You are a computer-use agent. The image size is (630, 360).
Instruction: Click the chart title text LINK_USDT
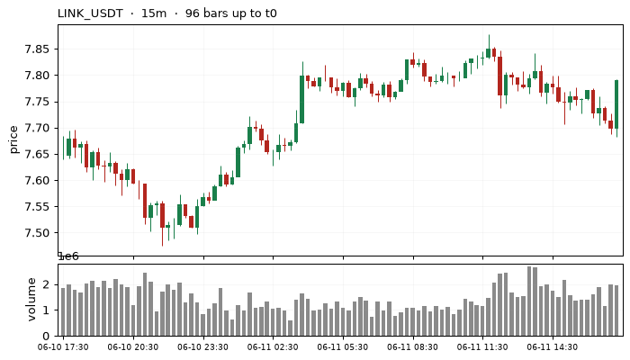click(x=90, y=13)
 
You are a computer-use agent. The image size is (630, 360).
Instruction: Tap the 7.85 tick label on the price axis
click(x=36, y=49)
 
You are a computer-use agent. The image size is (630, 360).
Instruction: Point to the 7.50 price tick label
click(x=36, y=233)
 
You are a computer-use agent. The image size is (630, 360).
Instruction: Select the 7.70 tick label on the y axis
click(x=36, y=128)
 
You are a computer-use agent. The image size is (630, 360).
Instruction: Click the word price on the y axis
click(x=14, y=139)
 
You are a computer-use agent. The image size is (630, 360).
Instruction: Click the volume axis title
click(x=31, y=300)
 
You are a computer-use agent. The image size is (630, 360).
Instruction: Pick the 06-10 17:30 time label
click(x=63, y=347)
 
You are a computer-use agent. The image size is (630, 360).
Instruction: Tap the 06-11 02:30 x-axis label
click(x=273, y=347)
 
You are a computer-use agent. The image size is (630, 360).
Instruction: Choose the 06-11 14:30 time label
click(x=553, y=347)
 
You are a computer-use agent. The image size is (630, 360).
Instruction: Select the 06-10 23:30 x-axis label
click(x=202, y=347)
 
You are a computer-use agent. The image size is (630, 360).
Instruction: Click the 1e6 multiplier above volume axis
click(x=68, y=256)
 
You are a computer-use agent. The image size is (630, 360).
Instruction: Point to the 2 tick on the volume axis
click(x=46, y=284)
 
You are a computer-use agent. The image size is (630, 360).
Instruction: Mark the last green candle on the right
click(x=616, y=104)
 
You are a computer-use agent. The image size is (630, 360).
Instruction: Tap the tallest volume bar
click(x=529, y=301)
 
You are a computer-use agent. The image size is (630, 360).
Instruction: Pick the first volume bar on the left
click(x=63, y=311)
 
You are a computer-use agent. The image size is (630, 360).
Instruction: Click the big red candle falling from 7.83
click(x=499, y=76)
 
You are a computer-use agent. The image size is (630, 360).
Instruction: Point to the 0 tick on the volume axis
click(x=46, y=336)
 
